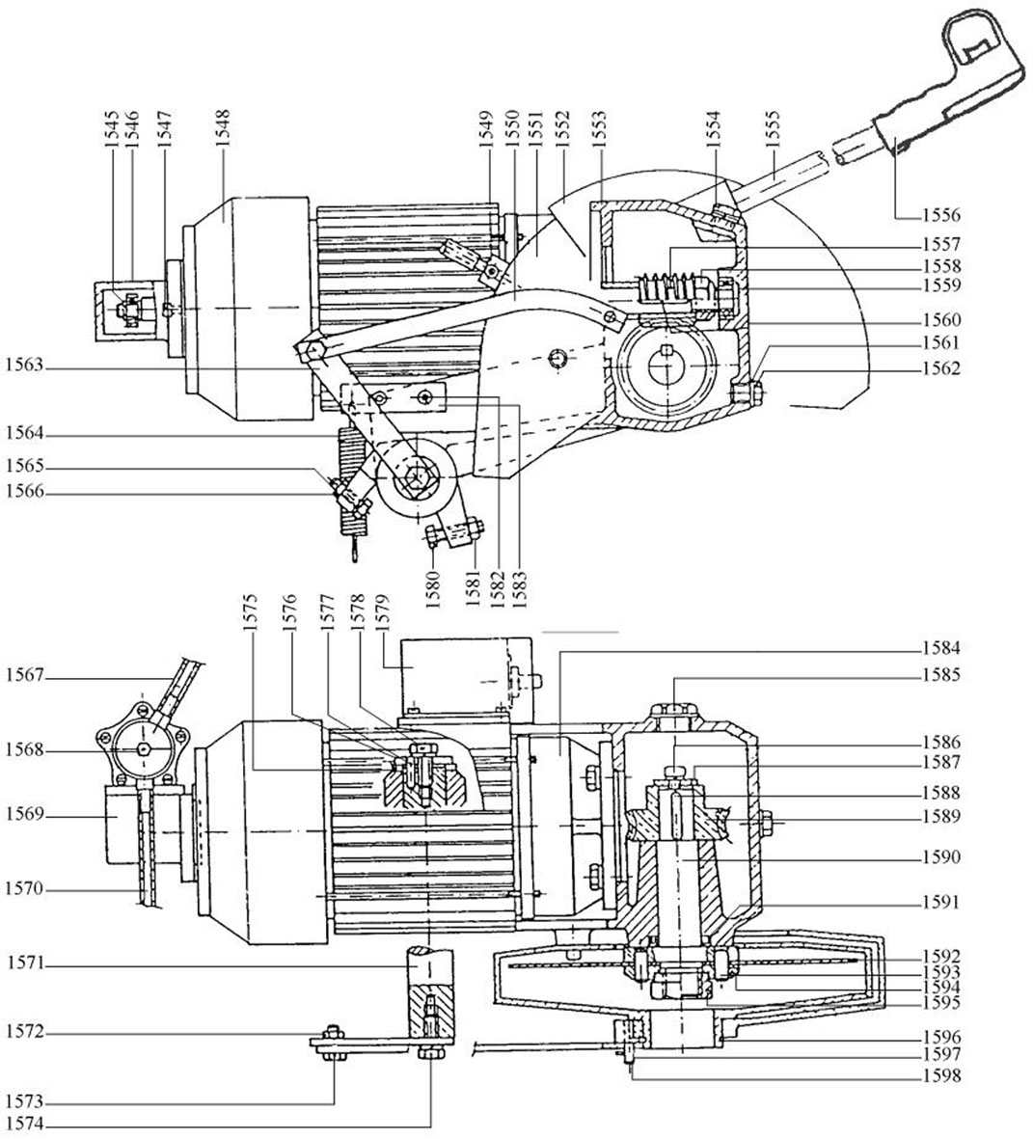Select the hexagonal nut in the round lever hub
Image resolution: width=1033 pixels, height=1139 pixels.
(x=418, y=476)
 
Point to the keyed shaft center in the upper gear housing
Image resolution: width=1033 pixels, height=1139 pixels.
(x=667, y=366)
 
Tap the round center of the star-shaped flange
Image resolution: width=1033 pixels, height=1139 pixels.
(x=143, y=748)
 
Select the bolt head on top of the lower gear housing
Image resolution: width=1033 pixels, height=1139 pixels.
(x=675, y=711)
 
